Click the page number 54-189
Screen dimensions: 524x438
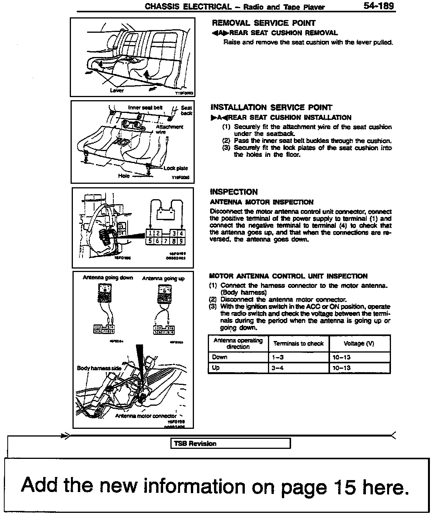378,6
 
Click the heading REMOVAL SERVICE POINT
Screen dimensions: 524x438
264,23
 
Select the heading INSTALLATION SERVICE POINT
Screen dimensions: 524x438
271,107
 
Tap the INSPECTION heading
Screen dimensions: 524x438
234,192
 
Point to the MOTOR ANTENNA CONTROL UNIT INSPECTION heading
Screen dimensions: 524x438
288,276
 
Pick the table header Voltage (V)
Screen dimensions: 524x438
359,343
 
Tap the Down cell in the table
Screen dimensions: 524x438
220,357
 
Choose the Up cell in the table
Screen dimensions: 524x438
216,368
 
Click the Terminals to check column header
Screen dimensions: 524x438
298,343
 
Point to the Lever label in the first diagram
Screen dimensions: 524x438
117,91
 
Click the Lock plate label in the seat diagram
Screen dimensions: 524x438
176,168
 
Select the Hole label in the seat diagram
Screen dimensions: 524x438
124,176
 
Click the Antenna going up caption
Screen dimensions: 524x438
163,279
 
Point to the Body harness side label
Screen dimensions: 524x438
99,368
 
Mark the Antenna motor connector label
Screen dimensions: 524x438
146,416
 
